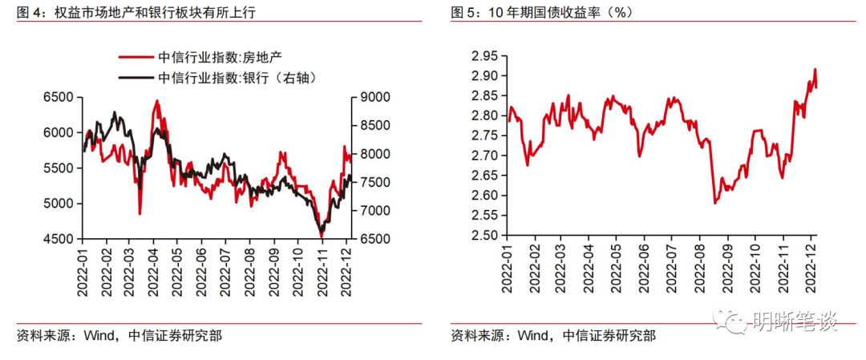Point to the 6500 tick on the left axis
pos(58,98)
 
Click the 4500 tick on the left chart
pos(58,239)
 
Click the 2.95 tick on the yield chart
pos(484,56)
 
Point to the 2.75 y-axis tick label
pos(484,136)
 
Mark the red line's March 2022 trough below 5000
pos(140,214)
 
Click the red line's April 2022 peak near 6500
pos(157,100)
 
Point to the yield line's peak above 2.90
pos(815,69)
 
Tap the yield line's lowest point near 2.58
pos(714,203)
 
